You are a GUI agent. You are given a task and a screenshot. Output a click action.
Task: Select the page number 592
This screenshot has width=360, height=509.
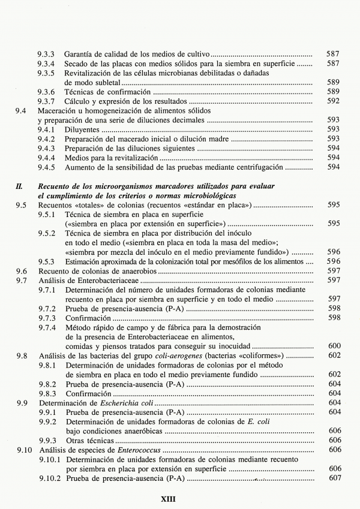click(x=334, y=101)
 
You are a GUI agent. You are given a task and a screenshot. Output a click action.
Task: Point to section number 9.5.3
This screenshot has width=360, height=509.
click(x=47, y=261)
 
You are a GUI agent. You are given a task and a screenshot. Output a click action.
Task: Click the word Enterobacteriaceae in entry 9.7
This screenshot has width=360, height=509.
click(x=106, y=281)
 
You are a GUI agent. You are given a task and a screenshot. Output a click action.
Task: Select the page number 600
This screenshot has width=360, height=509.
click(x=334, y=346)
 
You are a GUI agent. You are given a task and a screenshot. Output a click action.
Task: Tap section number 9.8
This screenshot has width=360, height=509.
click(x=21, y=356)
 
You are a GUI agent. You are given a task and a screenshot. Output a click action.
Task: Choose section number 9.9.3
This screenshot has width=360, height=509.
click(x=47, y=440)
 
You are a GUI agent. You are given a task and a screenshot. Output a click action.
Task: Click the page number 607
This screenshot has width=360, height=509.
click(x=334, y=478)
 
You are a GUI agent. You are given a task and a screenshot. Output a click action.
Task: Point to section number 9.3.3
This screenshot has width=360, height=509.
click(x=47, y=54)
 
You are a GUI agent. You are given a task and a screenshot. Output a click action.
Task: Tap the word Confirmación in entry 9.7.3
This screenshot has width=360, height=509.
click(x=89, y=318)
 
